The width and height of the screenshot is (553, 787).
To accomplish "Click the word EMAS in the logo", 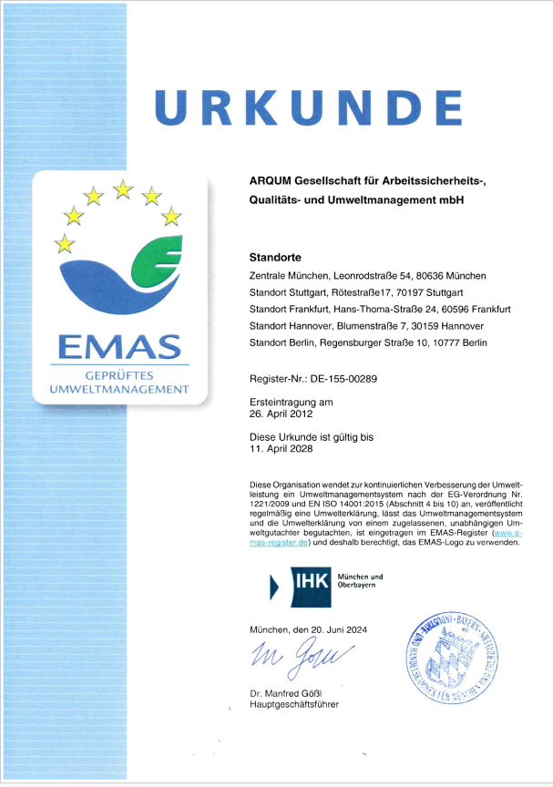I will pyautogui.click(x=120, y=346).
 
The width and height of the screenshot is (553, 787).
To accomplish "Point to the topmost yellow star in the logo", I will pyautogui.click(x=122, y=189).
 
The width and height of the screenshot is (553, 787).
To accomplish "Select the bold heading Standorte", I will pyautogui.click(x=275, y=257).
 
